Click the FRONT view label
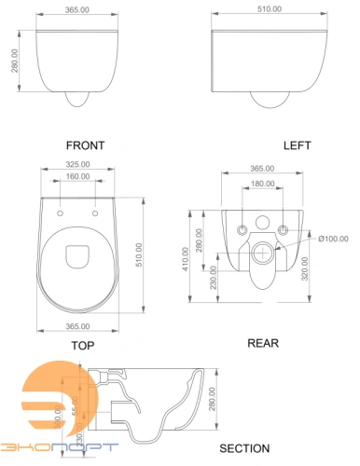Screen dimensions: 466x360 tap(85, 145)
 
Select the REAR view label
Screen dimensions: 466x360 tap(263, 342)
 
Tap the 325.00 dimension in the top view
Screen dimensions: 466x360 tap(78, 167)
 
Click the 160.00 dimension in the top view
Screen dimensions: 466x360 tap(78, 177)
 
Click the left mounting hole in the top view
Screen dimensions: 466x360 tap(62, 213)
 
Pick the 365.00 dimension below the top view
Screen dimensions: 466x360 tap(78, 326)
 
